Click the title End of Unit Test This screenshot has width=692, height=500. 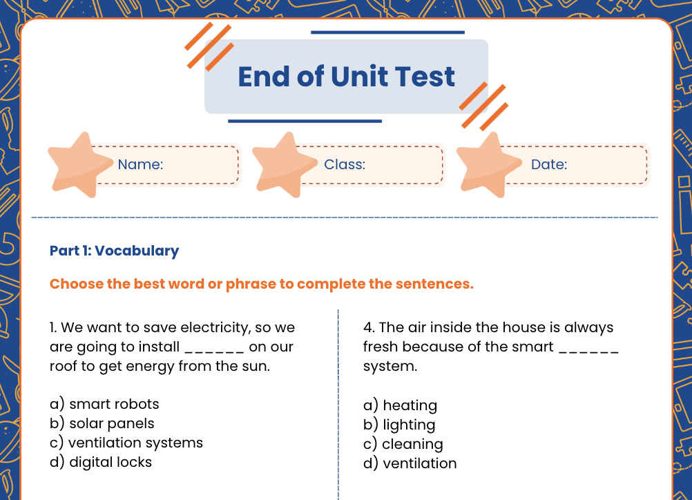[346, 77]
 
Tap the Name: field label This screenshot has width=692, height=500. [140, 164]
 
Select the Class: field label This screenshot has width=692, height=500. [345, 164]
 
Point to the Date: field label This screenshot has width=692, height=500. [549, 164]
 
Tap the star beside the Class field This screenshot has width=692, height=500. [282, 166]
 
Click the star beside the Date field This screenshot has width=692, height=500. [488, 166]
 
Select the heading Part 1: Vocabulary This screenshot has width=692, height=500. [114, 251]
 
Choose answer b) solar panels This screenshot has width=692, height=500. [102, 423]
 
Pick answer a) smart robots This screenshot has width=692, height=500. [104, 404]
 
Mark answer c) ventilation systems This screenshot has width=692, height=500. [126, 443]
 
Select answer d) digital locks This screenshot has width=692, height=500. [101, 462]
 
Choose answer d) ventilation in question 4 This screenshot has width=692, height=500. [410, 463]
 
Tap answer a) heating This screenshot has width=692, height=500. [401, 405]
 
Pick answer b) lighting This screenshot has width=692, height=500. [399, 425]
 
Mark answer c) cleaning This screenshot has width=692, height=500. [403, 444]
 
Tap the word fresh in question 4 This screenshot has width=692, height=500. [381, 347]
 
